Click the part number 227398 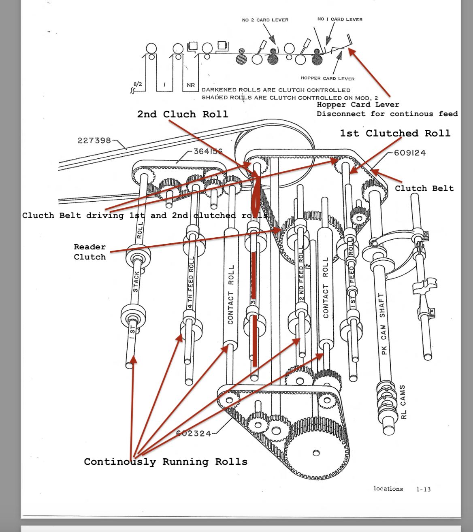(x=94, y=140)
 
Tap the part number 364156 (x=208, y=151)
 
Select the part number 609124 (x=410, y=153)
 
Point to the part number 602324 (x=194, y=433)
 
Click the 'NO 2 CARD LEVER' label (x=265, y=20)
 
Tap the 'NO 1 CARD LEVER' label (x=340, y=19)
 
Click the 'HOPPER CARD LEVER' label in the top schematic (x=328, y=78)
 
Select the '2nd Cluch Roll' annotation (x=183, y=114)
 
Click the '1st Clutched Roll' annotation (x=395, y=133)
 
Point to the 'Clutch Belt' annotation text (x=424, y=188)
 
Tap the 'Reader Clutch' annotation (x=89, y=251)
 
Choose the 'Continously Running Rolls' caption (x=166, y=462)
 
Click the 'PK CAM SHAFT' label (x=383, y=324)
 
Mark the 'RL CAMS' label (x=403, y=402)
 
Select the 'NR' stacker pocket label (x=191, y=85)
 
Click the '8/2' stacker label (x=138, y=84)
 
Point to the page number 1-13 (x=423, y=489)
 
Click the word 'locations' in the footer (x=388, y=489)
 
